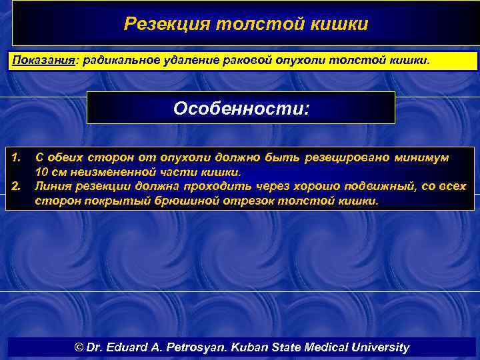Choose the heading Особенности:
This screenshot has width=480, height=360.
241,107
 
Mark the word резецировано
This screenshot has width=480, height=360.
346,158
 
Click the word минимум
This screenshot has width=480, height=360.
421,158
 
